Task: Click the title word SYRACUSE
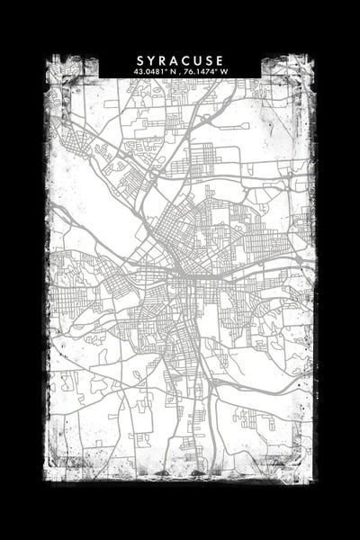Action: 181,59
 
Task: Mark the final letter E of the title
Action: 220,59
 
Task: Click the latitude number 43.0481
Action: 147,70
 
